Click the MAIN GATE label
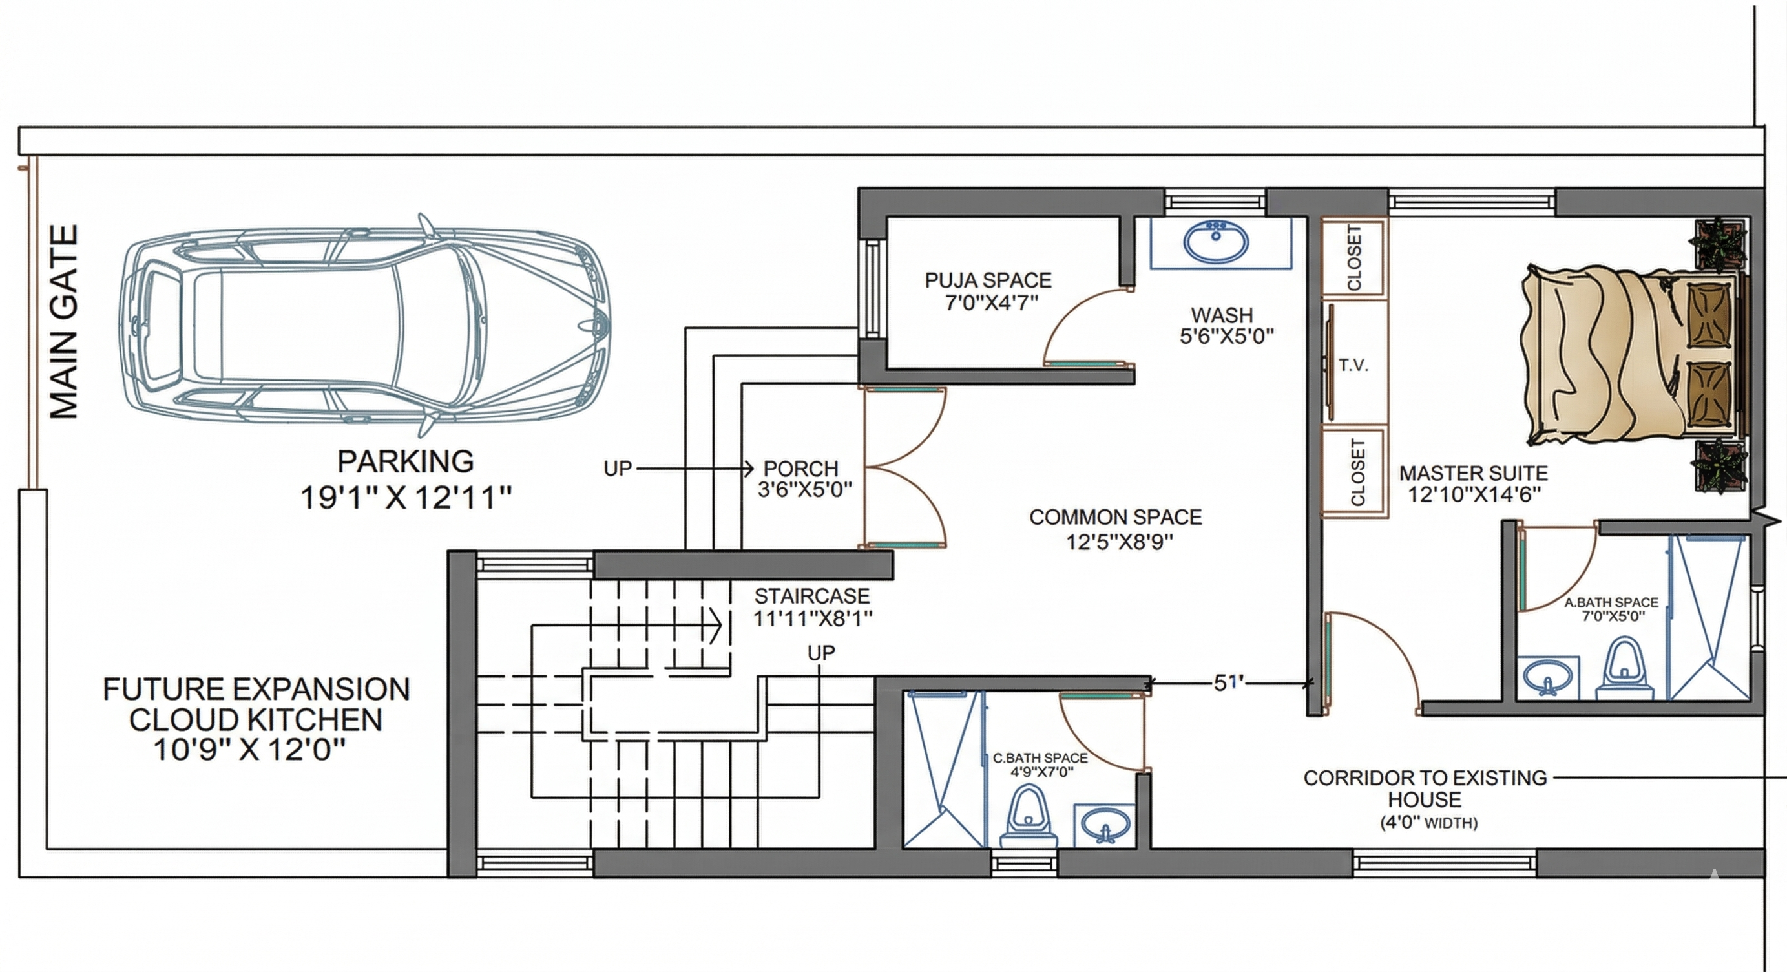point(64,322)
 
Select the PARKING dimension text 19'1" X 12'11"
point(406,498)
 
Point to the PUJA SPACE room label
point(988,280)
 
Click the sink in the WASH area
point(1216,242)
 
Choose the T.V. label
point(1353,366)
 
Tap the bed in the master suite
point(1634,354)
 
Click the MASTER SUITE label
point(1474,473)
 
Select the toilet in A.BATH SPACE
point(1625,669)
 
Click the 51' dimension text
point(1229,682)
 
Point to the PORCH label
point(800,469)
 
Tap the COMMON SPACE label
point(1116,517)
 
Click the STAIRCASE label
point(811,596)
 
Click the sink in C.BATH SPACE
point(1105,825)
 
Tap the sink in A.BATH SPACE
point(1548,677)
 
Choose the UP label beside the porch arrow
point(618,469)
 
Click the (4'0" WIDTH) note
point(1428,823)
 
